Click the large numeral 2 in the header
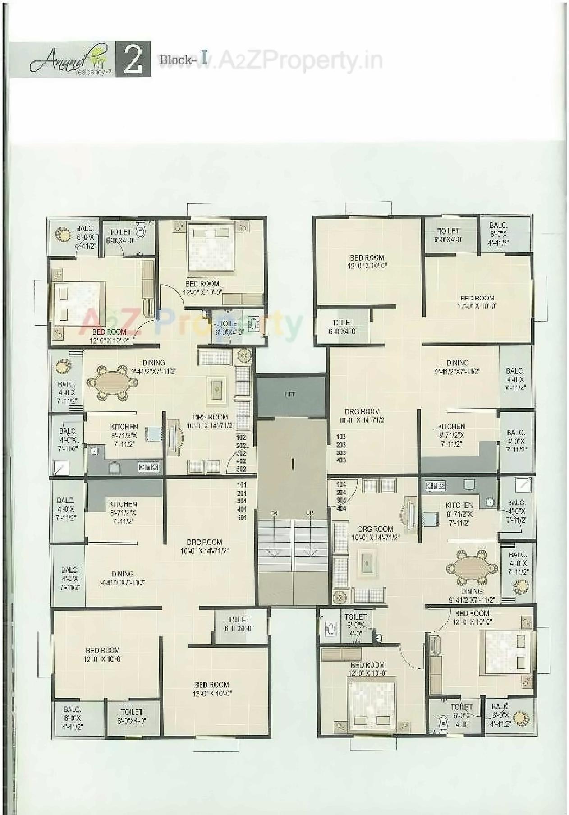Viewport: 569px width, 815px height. tap(133, 60)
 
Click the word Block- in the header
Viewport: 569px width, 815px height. tap(176, 60)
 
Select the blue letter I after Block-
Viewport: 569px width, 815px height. tap(204, 59)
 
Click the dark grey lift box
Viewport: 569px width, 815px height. tap(290, 394)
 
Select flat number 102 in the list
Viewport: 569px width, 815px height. tap(241, 437)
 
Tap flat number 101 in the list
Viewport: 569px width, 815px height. tap(242, 485)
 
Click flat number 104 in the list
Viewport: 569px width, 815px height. tap(341, 484)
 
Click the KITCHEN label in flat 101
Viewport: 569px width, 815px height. tap(123, 504)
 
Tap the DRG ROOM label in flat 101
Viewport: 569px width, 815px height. tap(204, 542)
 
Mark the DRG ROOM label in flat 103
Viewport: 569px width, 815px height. tap(362, 411)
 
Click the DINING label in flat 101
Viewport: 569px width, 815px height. tap(122, 574)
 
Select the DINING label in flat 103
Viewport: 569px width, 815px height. tap(457, 363)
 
